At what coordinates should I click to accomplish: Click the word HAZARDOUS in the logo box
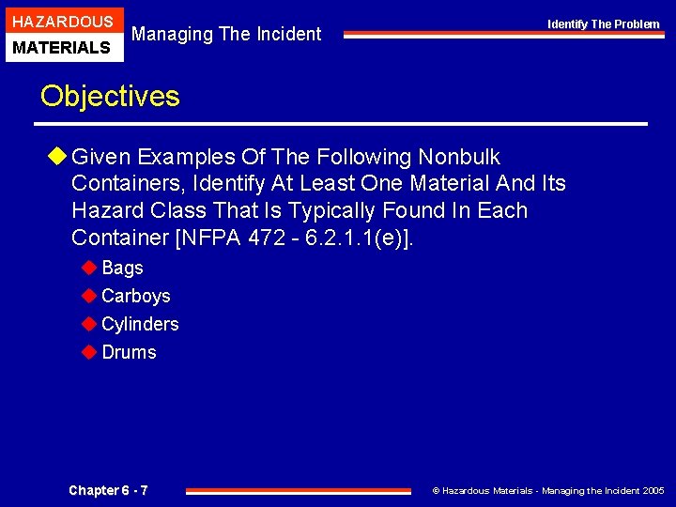(x=62, y=22)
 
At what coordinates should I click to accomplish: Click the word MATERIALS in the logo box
(x=62, y=47)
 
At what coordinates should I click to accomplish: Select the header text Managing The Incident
(x=226, y=35)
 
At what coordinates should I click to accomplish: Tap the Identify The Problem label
(x=604, y=23)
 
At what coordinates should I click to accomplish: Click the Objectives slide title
(x=110, y=97)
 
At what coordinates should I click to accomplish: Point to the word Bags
(x=122, y=268)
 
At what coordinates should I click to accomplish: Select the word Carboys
(x=135, y=296)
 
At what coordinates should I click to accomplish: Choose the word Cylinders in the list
(x=139, y=324)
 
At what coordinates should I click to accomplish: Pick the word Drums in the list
(x=129, y=352)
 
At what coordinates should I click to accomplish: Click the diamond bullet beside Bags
(x=89, y=268)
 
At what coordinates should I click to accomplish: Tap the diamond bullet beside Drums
(x=89, y=352)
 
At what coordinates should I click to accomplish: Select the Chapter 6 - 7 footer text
(x=108, y=490)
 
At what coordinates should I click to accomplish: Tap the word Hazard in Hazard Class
(x=103, y=210)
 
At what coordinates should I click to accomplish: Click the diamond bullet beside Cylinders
(x=89, y=324)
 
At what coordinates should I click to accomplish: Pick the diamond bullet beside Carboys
(x=89, y=296)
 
